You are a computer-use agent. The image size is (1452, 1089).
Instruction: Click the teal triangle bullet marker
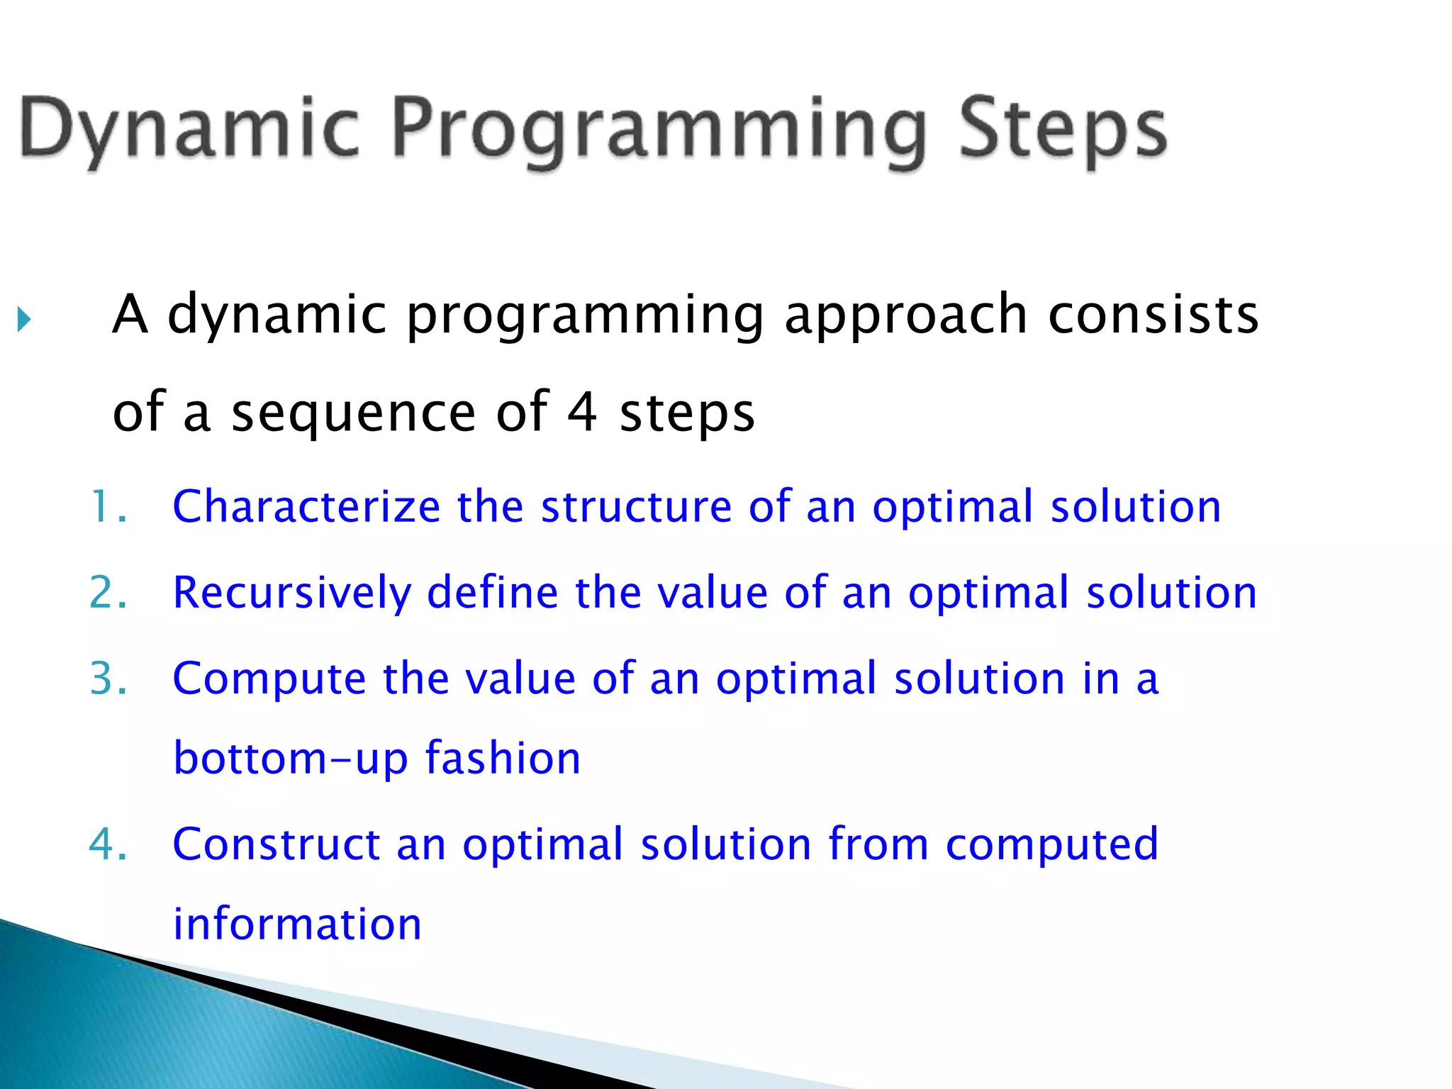(24, 320)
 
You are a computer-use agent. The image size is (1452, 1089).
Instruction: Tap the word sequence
(353, 414)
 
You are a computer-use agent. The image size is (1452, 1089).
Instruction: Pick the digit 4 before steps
(582, 411)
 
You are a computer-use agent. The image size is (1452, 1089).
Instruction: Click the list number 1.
(108, 506)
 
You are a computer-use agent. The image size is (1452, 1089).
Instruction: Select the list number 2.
(108, 592)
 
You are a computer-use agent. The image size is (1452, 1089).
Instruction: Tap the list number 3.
(108, 678)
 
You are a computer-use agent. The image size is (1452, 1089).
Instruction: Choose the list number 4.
(108, 844)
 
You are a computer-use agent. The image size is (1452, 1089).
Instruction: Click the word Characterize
(307, 506)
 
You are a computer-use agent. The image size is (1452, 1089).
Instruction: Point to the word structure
(637, 508)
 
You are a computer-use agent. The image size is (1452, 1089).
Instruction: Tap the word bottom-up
(291, 758)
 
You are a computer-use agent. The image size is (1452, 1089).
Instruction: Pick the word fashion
(503, 757)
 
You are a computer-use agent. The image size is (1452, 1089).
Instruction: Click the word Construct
(277, 844)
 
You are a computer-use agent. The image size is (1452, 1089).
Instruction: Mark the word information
(298, 923)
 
